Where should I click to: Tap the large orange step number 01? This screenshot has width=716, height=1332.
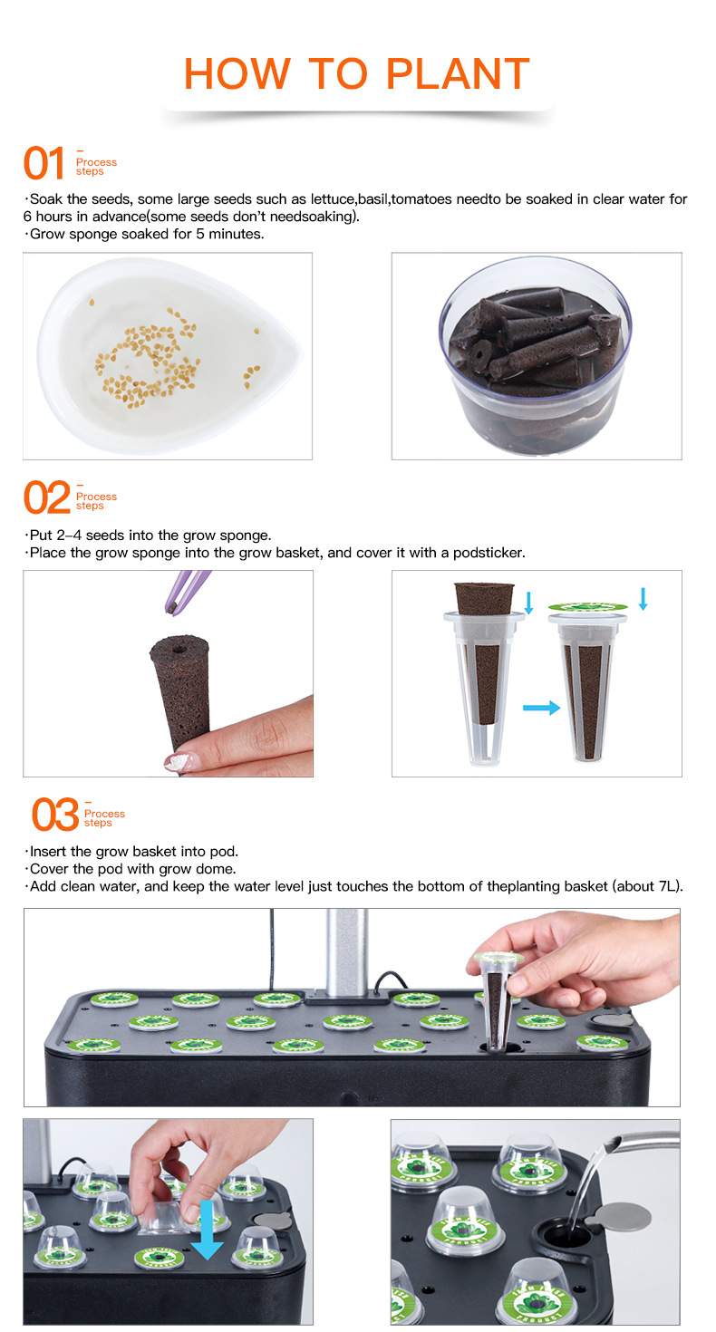(44, 164)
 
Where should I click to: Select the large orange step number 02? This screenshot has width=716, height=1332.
(46, 498)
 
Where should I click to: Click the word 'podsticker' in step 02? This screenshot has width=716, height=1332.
(493, 553)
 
